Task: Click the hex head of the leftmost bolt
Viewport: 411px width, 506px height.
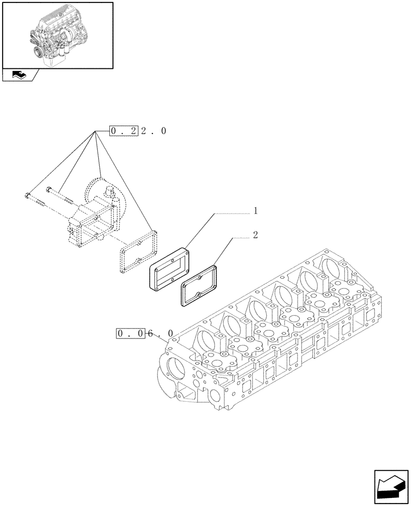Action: [x=26, y=195]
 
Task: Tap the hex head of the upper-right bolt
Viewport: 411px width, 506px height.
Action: [x=49, y=190]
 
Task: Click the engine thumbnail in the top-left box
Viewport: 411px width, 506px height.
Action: [x=58, y=35]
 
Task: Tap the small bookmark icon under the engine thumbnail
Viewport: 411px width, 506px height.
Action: [x=18, y=75]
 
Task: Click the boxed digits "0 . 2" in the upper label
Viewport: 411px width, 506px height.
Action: [x=124, y=131]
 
